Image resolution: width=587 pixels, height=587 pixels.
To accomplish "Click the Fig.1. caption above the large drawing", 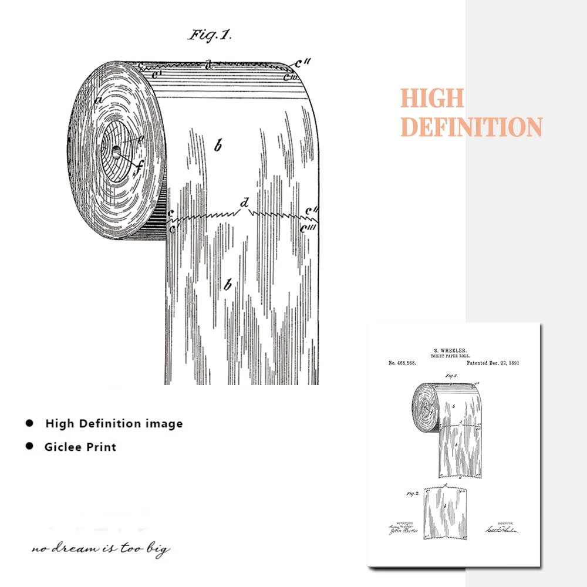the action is coord(210,35).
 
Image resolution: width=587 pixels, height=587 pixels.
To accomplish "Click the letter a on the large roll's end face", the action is coord(99,101).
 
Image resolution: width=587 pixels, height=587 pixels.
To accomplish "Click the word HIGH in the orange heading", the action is coord(432,99).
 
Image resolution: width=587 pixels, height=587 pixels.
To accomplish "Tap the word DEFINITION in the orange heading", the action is coord(471,127).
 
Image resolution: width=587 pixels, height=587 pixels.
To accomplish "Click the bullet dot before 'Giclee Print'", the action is coord(29,446).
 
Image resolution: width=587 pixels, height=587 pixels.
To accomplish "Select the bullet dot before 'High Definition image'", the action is coord(29,423).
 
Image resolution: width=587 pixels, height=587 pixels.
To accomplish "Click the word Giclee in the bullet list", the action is coord(63,447).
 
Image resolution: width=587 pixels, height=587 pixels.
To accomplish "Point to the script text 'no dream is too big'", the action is coord(101,549).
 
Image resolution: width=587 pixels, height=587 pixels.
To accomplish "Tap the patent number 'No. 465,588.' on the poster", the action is coord(402,363).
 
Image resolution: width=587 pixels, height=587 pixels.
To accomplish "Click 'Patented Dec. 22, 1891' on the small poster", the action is coord(492,363).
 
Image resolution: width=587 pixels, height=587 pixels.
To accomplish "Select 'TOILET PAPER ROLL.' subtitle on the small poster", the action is coord(451,355).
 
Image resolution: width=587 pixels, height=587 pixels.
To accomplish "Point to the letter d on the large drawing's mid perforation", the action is coord(245,203).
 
